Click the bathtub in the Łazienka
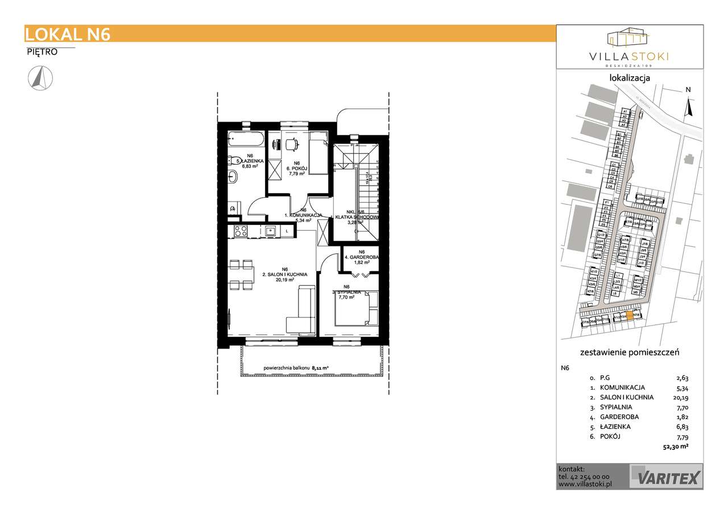click(x=245, y=139)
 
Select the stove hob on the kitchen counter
click(x=240, y=231)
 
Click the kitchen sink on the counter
click(x=271, y=231)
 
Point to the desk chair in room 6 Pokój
click(x=291, y=145)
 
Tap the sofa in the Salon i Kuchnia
click(x=301, y=310)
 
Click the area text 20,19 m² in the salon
click(x=286, y=279)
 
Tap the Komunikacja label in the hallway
click(x=304, y=216)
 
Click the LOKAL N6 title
click(x=68, y=34)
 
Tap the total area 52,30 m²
click(x=676, y=446)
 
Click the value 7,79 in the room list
click(x=682, y=437)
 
